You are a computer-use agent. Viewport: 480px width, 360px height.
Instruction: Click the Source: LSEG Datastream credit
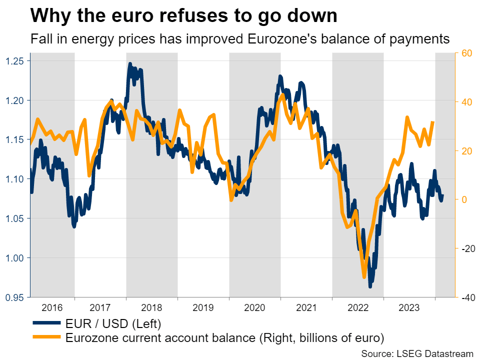click(417, 353)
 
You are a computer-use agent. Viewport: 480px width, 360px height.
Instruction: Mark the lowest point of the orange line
click(364, 276)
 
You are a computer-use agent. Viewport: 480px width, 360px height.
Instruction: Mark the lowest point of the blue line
click(370, 286)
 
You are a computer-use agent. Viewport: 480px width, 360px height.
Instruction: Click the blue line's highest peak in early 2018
click(130, 64)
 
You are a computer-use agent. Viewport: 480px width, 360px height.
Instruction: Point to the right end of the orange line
click(433, 122)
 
